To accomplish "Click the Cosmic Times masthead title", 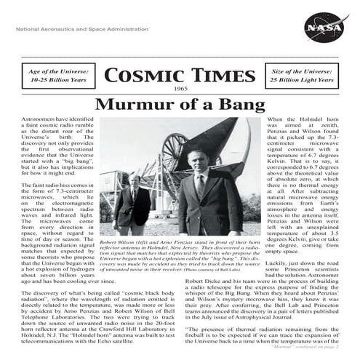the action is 180,76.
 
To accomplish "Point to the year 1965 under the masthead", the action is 181,88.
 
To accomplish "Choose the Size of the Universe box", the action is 307,76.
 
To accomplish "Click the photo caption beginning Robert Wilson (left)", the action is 180,255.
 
